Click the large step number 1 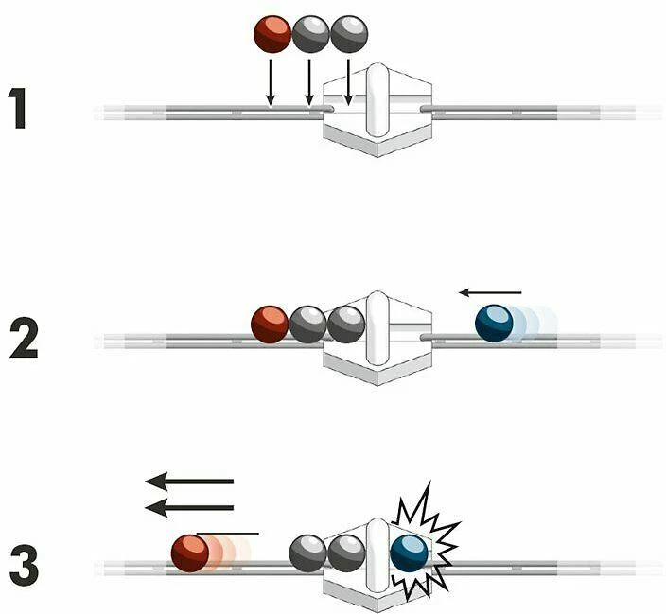(18, 108)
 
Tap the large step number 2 (24, 339)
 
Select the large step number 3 (24, 566)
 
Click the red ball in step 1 (272, 34)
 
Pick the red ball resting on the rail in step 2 (270, 325)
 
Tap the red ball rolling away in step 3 (190, 553)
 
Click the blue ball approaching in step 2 (494, 323)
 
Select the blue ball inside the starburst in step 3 (409, 553)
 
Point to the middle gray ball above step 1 (310, 34)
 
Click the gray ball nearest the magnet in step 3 (346, 553)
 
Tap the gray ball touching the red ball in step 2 (308, 325)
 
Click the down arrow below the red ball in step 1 (271, 82)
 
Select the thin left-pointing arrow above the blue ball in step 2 (490, 292)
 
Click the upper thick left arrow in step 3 (189, 482)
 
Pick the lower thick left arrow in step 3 (189, 508)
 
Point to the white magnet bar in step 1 (377, 100)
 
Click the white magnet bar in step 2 (377, 328)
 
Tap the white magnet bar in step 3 (377, 555)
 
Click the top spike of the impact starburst (429, 482)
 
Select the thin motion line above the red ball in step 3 (228, 534)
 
